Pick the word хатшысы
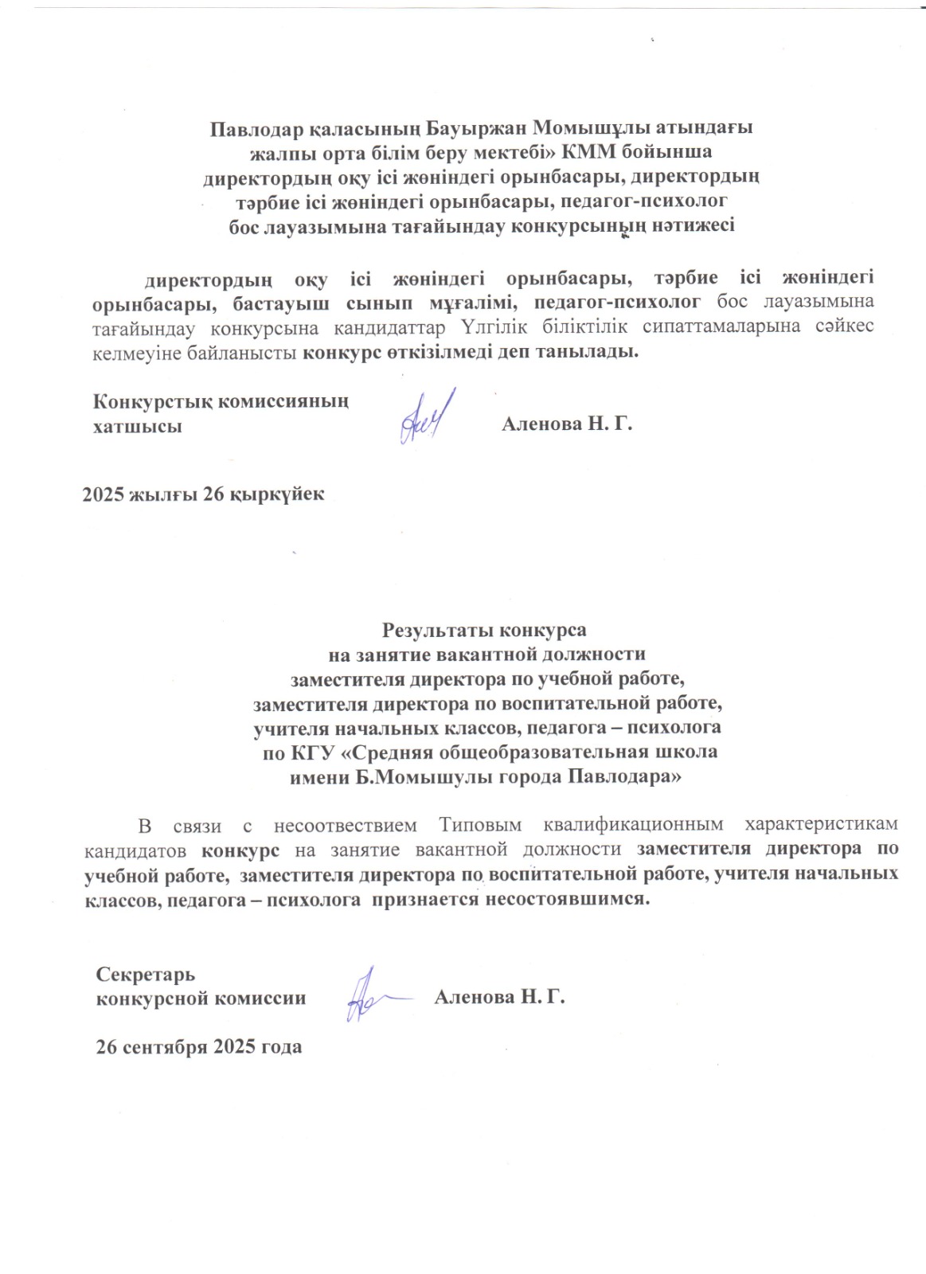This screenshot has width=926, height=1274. [x=137, y=426]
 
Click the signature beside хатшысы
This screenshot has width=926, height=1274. [x=426, y=416]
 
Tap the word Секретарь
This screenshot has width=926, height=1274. [x=145, y=975]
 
